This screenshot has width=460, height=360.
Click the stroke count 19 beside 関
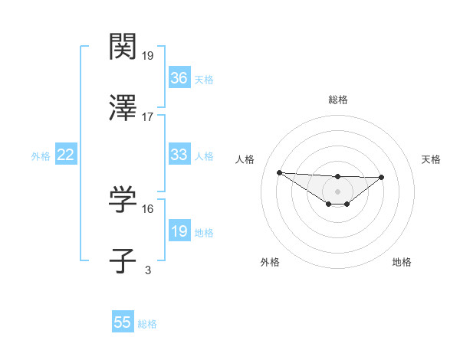pyautogui.click(x=148, y=55)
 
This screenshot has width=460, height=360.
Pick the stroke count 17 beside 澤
pyautogui.click(x=148, y=116)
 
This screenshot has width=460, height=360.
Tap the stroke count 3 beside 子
pyautogui.click(x=147, y=270)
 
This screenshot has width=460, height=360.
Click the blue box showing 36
pyautogui.click(x=179, y=78)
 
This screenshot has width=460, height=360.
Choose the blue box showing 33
pyautogui.click(x=179, y=155)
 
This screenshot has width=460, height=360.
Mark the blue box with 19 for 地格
pyautogui.click(x=179, y=231)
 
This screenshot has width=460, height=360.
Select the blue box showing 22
pyautogui.click(x=66, y=155)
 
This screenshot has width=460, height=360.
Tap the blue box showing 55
pyautogui.click(x=123, y=322)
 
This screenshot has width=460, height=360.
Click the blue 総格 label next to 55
pyautogui.click(x=147, y=324)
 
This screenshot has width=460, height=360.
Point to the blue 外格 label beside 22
pyautogui.click(x=41, y=156)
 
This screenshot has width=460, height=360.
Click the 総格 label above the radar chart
pyautogui.click(x=337, y=100)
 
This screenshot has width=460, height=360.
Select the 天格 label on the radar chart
pyautogui.click(x=432, y=159)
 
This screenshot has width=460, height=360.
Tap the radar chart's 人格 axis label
pyautogui.click(x=245, y=159)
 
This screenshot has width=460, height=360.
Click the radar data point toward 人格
pyautogui.click(x=279, y=172)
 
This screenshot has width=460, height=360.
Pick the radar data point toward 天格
pyautogui.click(x=382, y=177)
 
